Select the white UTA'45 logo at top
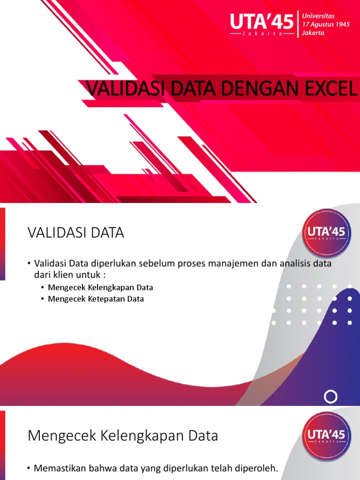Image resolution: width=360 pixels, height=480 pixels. pos(262,23)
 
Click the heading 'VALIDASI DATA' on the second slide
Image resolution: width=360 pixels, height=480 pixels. pos(75,233)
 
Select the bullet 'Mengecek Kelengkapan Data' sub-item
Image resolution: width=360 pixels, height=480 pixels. pos(100,287)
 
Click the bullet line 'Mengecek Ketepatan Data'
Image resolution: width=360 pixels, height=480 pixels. pos(96,299)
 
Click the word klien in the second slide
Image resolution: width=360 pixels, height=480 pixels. pos(67,275)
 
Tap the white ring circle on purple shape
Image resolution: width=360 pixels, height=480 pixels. pos(331,397)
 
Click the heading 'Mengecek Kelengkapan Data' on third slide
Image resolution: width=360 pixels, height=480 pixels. pos(123,436)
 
